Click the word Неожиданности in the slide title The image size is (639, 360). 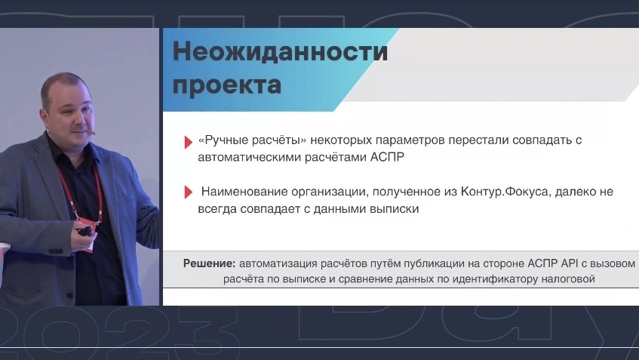(x=281, y=52)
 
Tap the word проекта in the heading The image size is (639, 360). (x=227, y=85)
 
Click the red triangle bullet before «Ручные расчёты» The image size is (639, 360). (x=189, y=142)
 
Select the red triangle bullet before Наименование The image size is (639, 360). (x=189, y=192)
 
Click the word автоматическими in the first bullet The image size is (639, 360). (x=250, y=157)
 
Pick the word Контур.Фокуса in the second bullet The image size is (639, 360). (x=505, y=192)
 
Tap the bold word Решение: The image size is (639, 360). (x=210, y=264)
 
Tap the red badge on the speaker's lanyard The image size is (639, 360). (x=87, y=223)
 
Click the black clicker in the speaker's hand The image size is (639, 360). (x=85, y=231)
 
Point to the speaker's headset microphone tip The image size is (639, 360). (x=94, y=132)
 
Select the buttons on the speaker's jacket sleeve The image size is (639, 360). (x=57, y=251)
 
